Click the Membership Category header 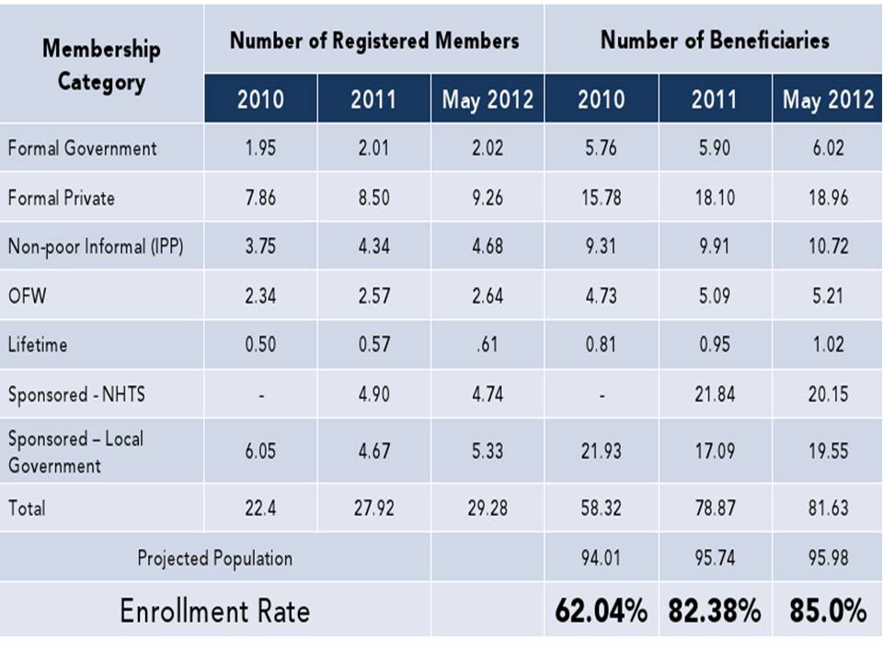101,64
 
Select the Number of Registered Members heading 373,41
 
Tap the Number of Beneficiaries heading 715,40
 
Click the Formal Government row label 83,148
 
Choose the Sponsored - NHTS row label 76,394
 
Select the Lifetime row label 38,345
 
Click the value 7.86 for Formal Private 261,198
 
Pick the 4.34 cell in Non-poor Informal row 373,246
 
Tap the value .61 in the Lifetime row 487,345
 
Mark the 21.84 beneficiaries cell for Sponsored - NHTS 715,394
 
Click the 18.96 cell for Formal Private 828,198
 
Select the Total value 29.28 487,508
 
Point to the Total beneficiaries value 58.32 601,508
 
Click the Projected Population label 214,557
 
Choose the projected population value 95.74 715,557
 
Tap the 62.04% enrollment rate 601,611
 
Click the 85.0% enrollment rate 828,611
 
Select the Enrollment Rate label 214,611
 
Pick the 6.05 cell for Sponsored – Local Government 261,451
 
